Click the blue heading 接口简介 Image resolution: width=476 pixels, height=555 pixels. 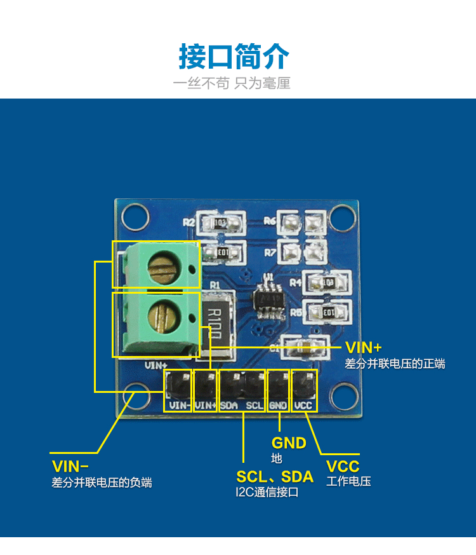tap(234, 57)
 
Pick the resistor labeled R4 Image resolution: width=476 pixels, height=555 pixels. tap(327, 281)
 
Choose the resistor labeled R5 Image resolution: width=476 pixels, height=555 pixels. tap(327, 312)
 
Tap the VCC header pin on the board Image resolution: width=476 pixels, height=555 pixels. tap(304, 384)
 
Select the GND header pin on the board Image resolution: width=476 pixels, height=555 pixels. tap(279, 384)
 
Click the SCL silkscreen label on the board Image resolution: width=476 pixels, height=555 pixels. tap(255, 405)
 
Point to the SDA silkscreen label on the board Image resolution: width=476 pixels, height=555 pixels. tap(230, 405)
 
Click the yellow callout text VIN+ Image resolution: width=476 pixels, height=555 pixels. tap(364, 347)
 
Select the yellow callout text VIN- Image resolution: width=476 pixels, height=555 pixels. tap(70, 465)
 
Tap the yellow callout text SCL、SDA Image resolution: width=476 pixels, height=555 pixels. tap(275, 477)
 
